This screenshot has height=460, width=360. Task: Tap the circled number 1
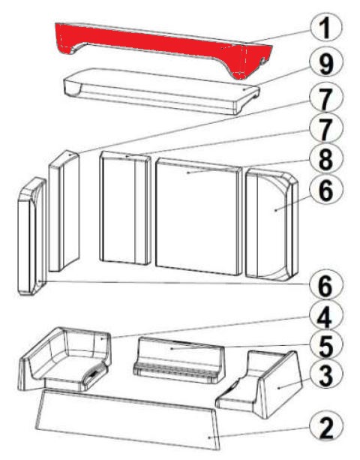click(325, 29)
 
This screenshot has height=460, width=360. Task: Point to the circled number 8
click(326, 160)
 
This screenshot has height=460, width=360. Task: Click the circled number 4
click(326, 317)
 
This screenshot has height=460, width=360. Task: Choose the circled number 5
click(326, 347)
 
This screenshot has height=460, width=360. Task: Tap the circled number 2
click(326, 427)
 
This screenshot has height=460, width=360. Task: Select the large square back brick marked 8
click(199, 217)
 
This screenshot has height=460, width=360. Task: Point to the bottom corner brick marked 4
click(65, 359)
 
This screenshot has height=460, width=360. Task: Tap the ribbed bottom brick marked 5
click(178, 360)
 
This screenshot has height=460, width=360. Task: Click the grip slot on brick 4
click(94, 374)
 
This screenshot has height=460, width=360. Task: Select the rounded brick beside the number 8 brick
click(272, 224)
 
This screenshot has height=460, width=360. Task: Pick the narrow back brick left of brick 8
click(125, 208)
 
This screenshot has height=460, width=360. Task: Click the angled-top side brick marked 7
click(64, 211)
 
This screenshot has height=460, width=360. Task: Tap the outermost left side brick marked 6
click(31, 236)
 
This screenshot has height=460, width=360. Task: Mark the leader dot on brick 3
click(278, 388)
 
